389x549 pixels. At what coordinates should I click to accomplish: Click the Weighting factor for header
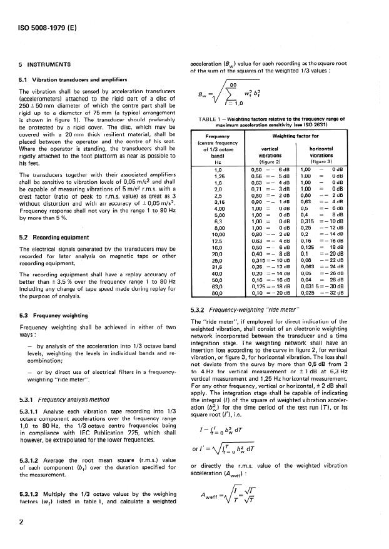click(x=308, y=134)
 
